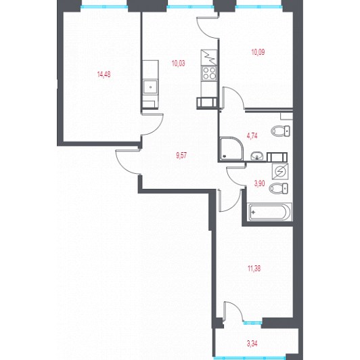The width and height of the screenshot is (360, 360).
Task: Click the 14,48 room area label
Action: tap(104, 74)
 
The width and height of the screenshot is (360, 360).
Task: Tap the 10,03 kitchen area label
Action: tap(178, 63)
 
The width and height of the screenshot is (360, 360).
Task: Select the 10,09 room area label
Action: tap(258, 52)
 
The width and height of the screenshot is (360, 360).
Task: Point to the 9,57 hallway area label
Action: tap(181, 156)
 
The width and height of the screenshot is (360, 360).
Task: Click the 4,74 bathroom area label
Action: tap(252, 136)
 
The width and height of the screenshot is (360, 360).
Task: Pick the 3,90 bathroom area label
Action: tap(259, 183)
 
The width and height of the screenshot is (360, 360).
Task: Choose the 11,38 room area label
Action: tap(254, 268)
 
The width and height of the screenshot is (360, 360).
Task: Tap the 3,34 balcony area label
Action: tap(252, 344)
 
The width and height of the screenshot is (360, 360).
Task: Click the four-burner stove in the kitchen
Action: tap(209, 73)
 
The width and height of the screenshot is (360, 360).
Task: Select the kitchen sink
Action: tap(150, 87)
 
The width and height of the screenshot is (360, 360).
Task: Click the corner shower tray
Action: tap(231, 149)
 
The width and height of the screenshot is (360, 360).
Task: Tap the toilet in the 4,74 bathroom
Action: tap(280, 131)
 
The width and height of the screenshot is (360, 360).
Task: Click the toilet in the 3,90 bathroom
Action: tap(278, 189)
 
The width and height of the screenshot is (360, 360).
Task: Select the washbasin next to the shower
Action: tap(257, 156)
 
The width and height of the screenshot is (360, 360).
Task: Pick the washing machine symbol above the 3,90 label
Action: tap(280, 171)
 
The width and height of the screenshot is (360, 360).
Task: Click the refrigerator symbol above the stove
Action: tap(209, 58)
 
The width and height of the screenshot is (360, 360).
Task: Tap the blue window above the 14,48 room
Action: tap(104, 7)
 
